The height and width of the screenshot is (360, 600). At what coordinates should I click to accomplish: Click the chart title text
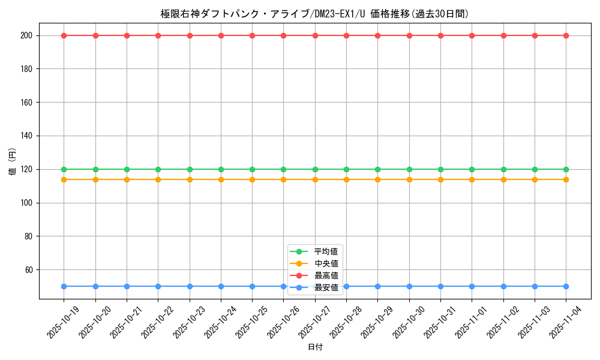pyautogui.click(x=314, y=14)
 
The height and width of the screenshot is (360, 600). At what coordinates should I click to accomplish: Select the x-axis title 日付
pyautogui.click(x=315, y=347)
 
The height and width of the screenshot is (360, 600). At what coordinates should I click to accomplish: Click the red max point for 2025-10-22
pyautogui.click(x=158, y=35)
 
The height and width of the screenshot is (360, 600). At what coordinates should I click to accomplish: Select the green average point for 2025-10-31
pyautogui.click(x=440, y=169)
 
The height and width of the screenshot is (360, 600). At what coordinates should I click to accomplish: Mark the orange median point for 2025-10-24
pyautogui.click(x=221, y=179)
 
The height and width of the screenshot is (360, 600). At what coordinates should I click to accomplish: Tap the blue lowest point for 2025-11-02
pyautogui.click(x=503, y=286)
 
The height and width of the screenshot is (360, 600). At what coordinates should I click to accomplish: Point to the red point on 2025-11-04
pyautogui.click(x=566, y=35)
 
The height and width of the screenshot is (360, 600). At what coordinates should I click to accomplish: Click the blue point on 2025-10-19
pyautogui.click(x=64, y=286)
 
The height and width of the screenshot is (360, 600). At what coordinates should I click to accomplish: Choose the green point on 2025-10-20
pyautogui.click(x=95, y=169)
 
